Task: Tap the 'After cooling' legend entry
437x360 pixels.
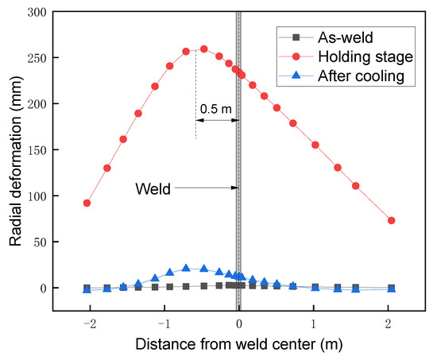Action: (360, 76)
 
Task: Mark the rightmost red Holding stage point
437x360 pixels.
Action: (391, 220)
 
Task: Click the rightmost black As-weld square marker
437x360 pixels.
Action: (391, 288)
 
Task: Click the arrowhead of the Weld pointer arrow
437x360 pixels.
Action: (235, 188)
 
